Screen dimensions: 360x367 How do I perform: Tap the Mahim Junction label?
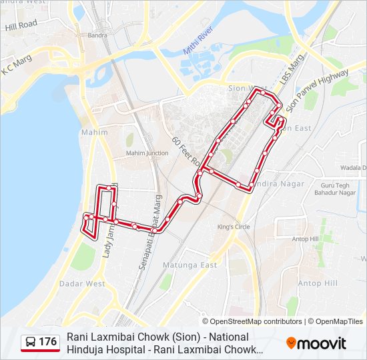coord(147,153)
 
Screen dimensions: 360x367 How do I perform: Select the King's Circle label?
coord(234,227)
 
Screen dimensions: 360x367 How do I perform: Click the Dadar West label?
coord(82,283)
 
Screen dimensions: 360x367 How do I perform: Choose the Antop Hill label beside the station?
coord(305,239)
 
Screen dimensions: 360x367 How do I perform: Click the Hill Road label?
coord(21,25)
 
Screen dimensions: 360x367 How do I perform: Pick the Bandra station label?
coord(97,35)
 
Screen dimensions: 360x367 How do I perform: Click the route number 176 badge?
coord(41,342)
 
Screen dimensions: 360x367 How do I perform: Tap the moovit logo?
coord(316,343)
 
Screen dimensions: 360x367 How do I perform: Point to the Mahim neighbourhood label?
coord(94,132)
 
